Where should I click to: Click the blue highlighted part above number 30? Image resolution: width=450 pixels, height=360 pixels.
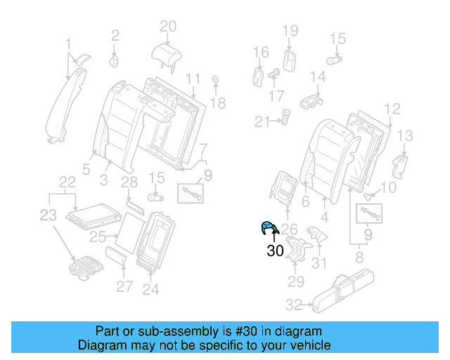click(269, 227)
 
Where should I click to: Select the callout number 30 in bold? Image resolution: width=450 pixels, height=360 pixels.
click(276, 250)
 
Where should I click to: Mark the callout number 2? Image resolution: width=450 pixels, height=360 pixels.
click(116, 33)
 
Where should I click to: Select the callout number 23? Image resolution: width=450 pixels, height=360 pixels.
click(46, 216)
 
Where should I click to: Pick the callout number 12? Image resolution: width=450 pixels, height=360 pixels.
click(392, 109)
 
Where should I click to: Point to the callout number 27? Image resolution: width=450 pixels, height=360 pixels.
click(124, 285)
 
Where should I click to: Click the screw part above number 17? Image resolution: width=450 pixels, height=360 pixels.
click(276, 72)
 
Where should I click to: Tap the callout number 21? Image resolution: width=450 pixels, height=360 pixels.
click(262, 122)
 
